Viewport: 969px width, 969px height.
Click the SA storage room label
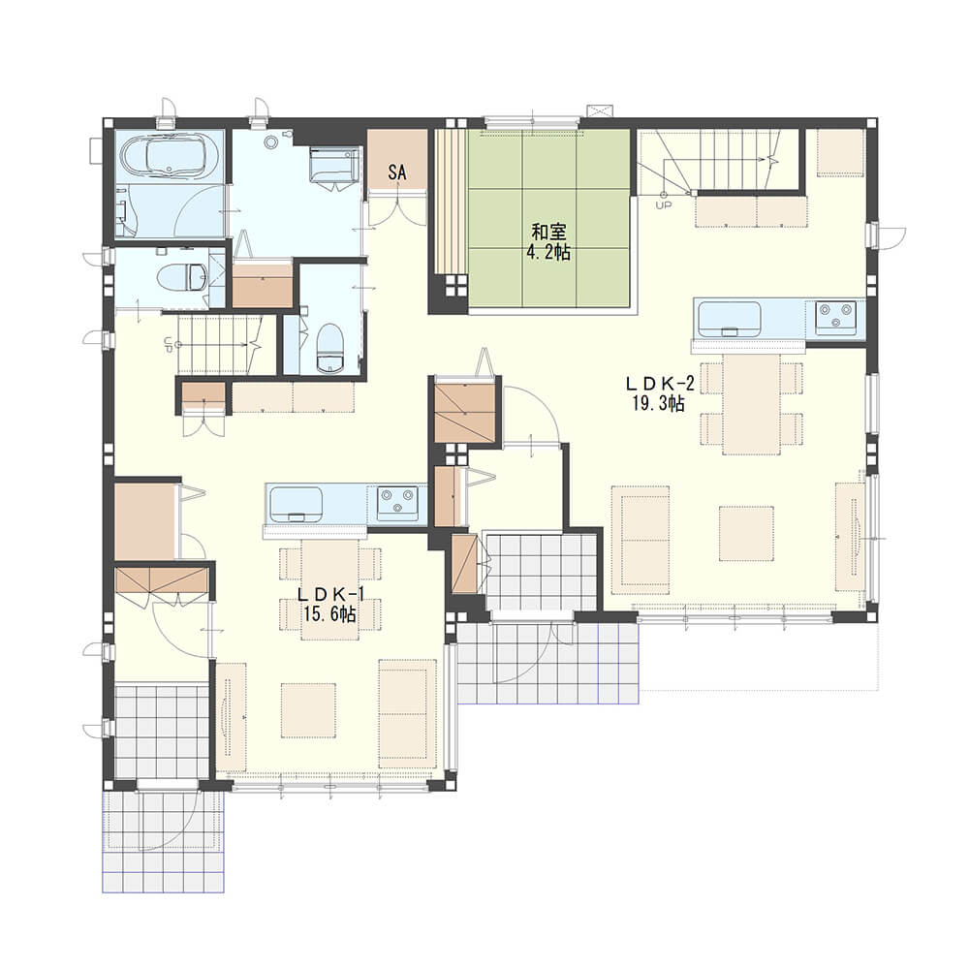(x=397, y=172)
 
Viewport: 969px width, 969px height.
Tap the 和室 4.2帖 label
(x=548, y=242)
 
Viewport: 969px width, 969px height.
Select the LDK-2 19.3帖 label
(x=659, y=393)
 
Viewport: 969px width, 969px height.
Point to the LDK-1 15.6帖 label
(x=330, y=604)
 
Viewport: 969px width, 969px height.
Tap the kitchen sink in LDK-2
(x=730, y=319)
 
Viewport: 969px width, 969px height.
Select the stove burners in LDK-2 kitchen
(x=835, y=318)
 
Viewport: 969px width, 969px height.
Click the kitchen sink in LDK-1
(x=295, y=504)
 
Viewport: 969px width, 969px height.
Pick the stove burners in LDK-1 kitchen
(x=396, y=502)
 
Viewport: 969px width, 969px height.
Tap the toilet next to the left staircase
(x=329, y=350)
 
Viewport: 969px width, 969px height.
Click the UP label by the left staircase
(x=168, y=344)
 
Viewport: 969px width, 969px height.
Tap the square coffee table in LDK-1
(x=308, y=710)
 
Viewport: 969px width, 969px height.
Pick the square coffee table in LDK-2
(x=746, y=533)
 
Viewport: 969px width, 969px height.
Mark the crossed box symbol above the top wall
(x=601, y=110)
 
